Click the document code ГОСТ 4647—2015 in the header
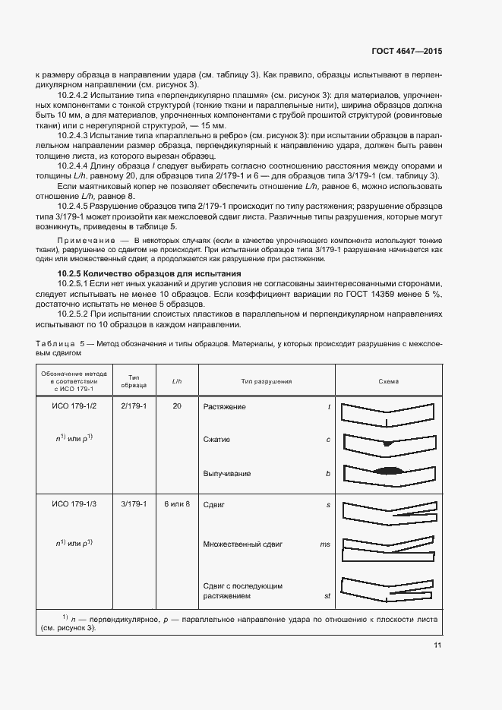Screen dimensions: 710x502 point(406,52)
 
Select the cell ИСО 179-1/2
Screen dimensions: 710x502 point(74,407)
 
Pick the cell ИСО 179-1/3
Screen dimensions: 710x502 point(74,504)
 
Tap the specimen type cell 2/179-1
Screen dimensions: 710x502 point(134,407)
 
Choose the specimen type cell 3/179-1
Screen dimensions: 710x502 point(134,504)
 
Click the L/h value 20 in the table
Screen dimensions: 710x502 point(176,407)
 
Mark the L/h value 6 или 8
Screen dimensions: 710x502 point(176,504)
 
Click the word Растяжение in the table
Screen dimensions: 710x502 point(224,407)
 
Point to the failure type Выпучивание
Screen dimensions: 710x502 point(226,473)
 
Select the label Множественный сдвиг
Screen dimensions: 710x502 point(242,544)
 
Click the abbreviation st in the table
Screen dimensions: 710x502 point(327,596)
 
